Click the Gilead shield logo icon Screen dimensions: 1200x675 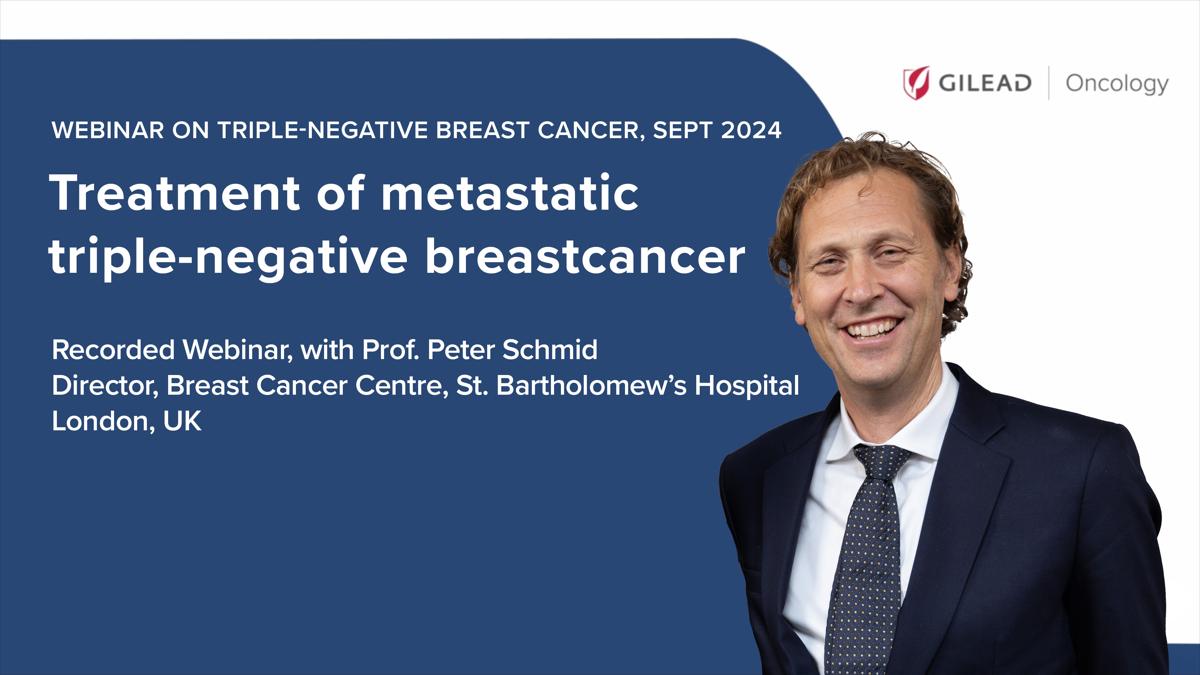pos(916,83)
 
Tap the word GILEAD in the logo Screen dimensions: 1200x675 pos(985,83)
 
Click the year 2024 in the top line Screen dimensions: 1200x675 pos(751,130)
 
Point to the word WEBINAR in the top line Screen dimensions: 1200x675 pos(108,130)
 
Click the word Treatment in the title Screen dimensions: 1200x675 pos(175,192)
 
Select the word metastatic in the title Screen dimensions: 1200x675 pos(510,192)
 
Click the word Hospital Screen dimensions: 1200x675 pos(747,387)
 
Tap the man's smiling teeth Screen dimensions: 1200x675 pos(870,329)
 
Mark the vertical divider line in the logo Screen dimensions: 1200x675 pos(1049,83)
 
